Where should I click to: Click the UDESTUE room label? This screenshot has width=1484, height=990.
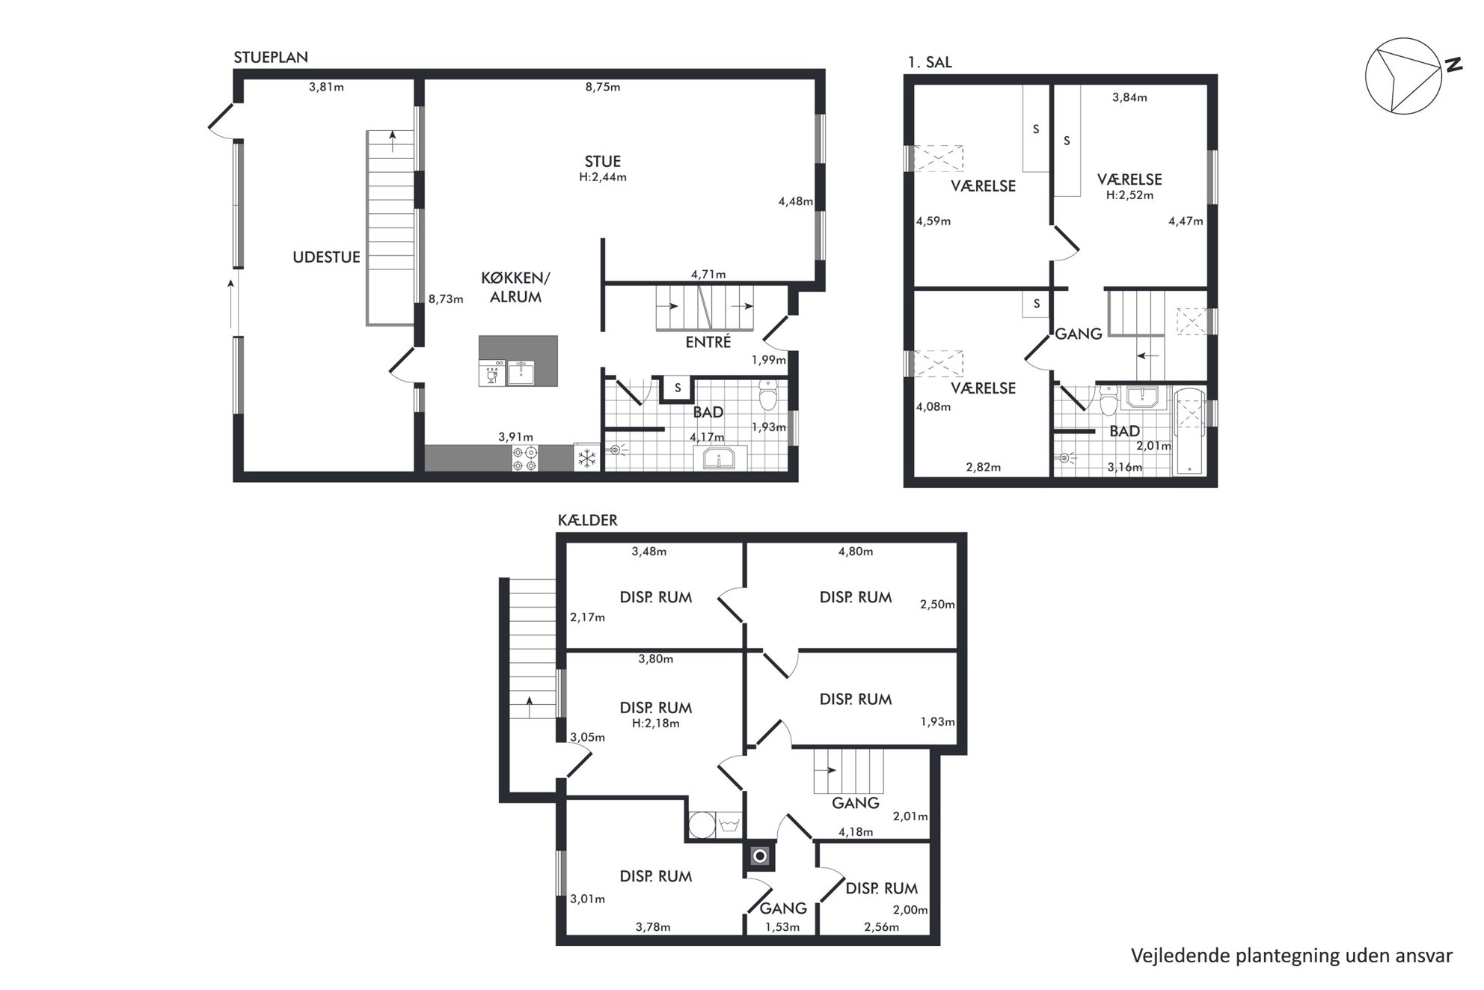(x=326, y=257)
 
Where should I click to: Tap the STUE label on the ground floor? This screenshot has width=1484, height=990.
(x=602, y=162)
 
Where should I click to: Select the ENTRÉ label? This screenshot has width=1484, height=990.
(x=708, y=342)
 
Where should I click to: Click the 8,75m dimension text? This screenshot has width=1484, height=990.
(x=602, y=87)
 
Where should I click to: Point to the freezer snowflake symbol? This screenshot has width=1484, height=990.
(x=587, y=458)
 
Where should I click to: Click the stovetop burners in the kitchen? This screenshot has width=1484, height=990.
(x=524, y=458)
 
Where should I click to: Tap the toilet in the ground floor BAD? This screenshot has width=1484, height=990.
(x=768, y=395)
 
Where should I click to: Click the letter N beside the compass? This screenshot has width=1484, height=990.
(x=1453, y=64)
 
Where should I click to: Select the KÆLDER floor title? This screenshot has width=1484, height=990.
(x=587, y=520)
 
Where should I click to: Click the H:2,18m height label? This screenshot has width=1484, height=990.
(x=655, y=724)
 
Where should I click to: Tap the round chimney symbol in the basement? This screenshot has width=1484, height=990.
(x=760, y=856)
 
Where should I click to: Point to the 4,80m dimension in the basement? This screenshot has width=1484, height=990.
(x=855, y=551)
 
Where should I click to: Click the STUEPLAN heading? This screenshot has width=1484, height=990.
(x=271, y=58)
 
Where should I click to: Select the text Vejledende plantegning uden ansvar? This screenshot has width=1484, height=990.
(x=1292, y=956)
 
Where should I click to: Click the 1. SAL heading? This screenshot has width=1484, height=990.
(x=930, y=63)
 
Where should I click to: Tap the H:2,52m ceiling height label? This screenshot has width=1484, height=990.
(x=1129, y=195)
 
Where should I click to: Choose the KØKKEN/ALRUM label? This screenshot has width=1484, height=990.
(x=515, y=287)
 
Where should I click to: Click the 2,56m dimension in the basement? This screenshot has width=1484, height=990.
(x=881, y=927)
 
